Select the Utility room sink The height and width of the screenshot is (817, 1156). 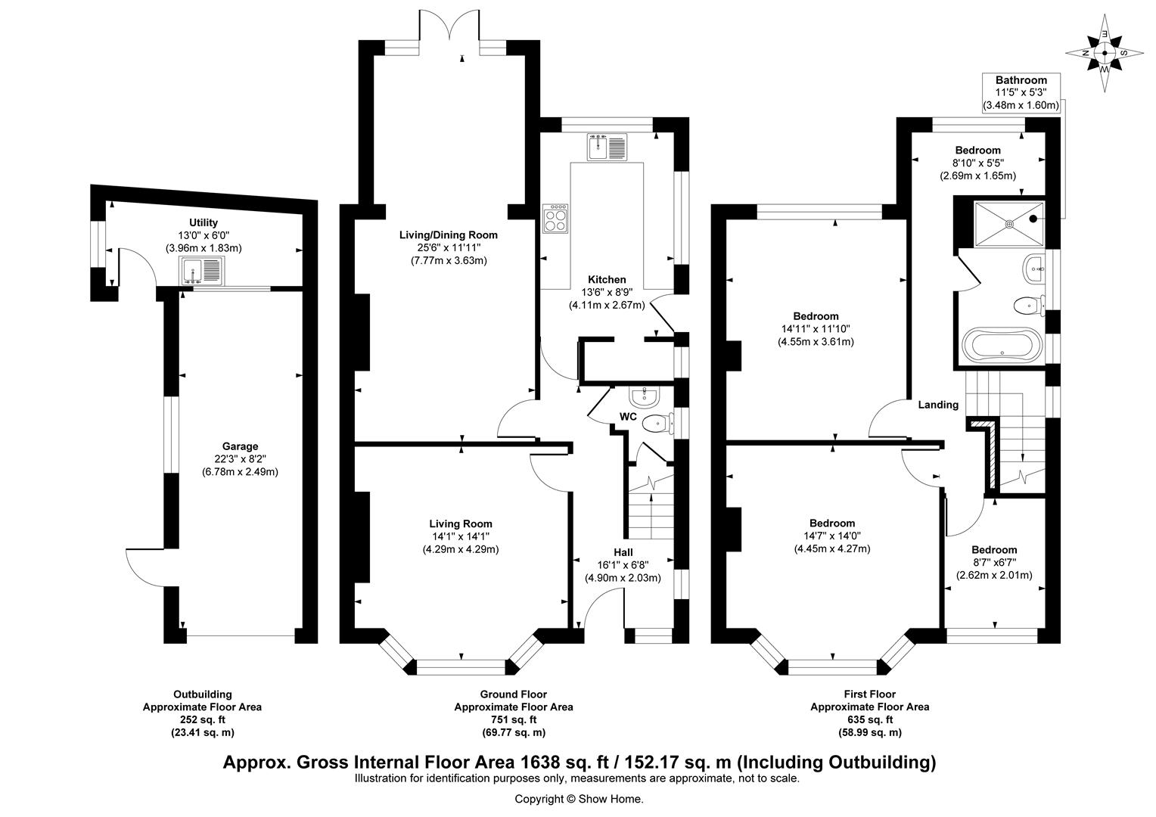click(203, 269)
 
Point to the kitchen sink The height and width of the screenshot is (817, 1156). click(607, 146)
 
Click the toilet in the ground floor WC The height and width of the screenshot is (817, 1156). click(655, 424)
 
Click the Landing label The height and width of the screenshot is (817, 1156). click(938, 405)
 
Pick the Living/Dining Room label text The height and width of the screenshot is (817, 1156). click(449, 235)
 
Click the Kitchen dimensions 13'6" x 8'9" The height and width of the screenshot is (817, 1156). click(603, 293)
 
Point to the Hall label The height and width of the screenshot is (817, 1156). click(623, 552)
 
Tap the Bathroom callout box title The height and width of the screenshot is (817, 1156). click(1021, 80)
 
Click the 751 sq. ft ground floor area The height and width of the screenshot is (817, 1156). click(513, 719)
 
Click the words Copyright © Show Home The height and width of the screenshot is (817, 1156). click(579, 799)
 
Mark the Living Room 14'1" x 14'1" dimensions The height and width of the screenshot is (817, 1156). click(460, 536)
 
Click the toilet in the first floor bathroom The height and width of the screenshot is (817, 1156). click(1025, 305)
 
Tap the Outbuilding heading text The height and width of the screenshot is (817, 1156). click(203, 694)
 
